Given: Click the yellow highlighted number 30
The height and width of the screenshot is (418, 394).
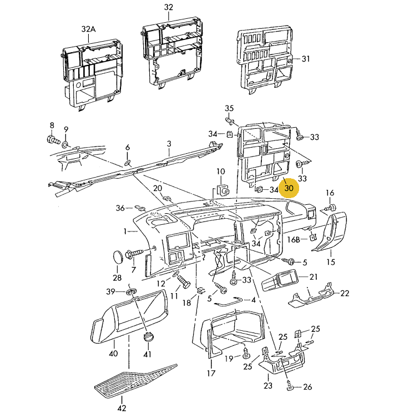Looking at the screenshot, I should click(289, 188).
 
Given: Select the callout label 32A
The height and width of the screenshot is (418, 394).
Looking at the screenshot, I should click(89, 29).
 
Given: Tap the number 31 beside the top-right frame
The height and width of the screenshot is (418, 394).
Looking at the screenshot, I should click(306, 59).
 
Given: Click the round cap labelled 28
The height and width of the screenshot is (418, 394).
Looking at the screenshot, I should click(117, 257).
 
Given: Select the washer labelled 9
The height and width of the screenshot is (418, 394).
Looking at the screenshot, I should click(66, 145).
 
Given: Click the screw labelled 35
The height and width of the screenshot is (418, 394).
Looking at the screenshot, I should click(229, 119).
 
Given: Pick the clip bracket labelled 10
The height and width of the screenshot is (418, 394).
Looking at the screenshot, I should click(223, 191).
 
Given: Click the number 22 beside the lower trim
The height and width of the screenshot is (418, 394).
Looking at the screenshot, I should click(345, 293).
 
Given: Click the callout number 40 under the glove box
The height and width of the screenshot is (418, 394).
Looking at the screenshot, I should click(113, 353).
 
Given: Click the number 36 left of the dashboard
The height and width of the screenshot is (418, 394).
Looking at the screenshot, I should click(120, 208).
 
